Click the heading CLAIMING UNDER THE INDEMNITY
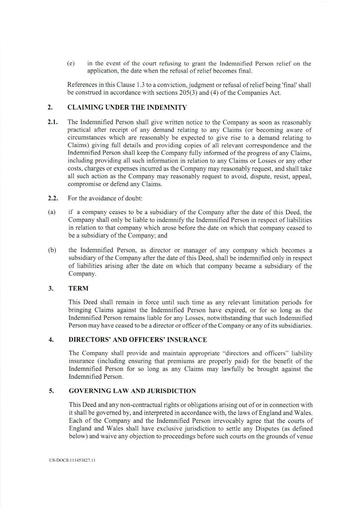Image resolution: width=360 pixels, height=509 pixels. [127, 108]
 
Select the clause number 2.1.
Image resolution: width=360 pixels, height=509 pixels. [53, 122]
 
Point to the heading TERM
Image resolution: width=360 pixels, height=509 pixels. [78, 288]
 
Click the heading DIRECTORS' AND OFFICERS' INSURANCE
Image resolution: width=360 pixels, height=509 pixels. [138, 340]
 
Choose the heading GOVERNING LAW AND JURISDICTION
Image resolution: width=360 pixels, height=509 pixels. [132, 391]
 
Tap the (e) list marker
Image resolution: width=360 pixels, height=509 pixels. [71, 63]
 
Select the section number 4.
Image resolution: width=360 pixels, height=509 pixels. [50, 340]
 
